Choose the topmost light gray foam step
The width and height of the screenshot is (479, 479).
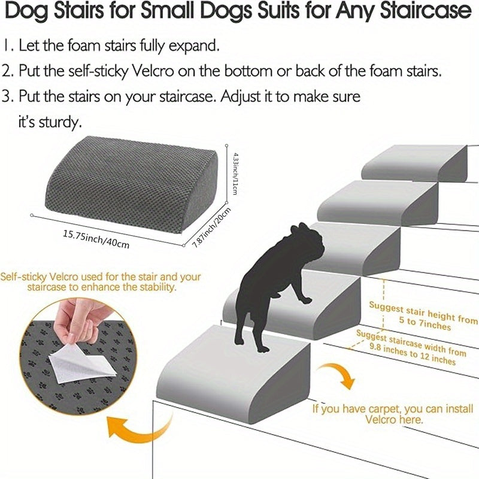click(x=413, y=160)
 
